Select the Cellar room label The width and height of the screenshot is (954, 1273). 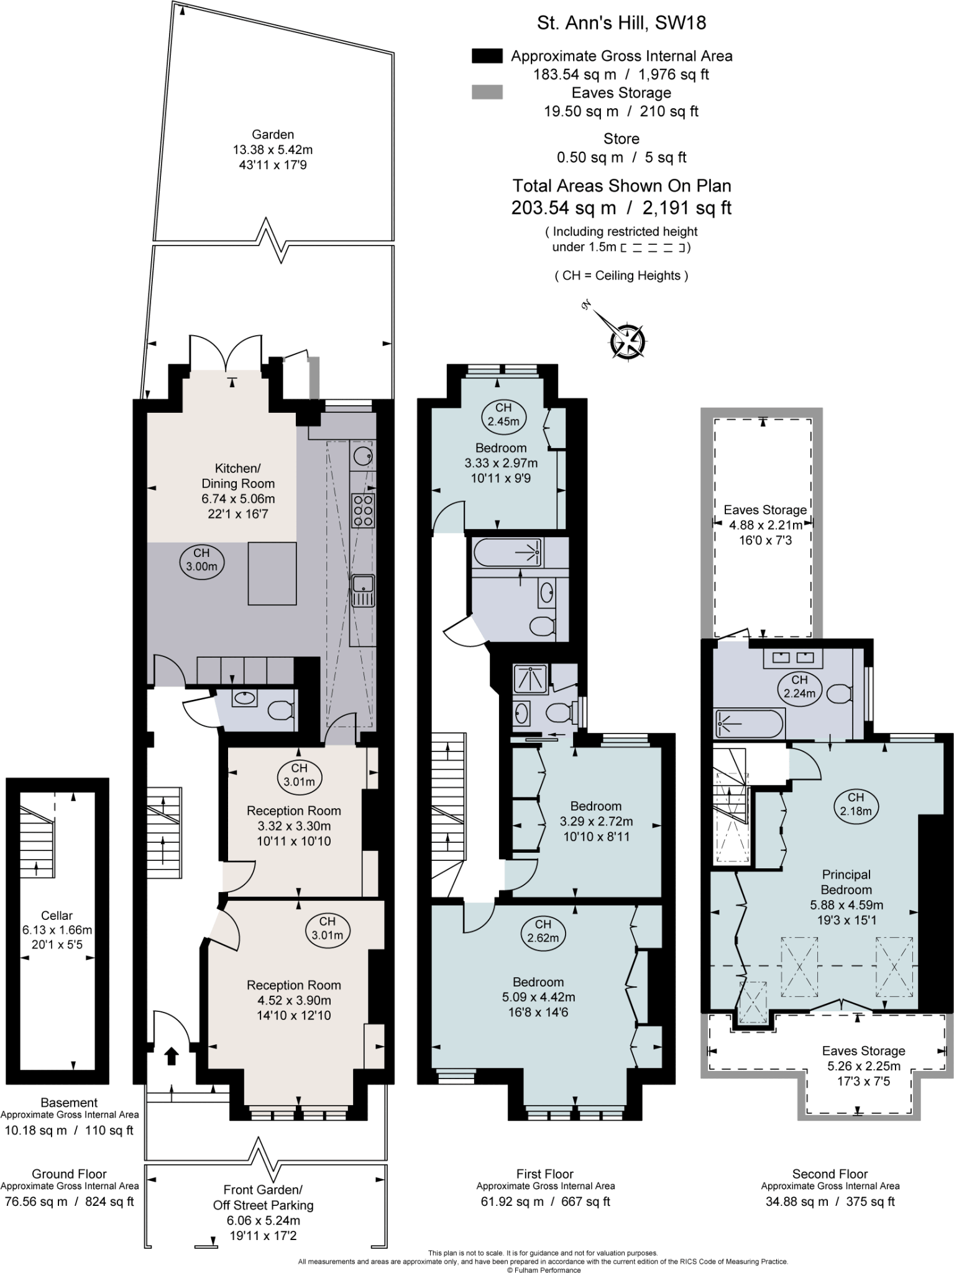coord(57,915)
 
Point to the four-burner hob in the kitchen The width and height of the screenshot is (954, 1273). coord(363,510)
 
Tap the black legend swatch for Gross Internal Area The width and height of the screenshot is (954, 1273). coord(487,56)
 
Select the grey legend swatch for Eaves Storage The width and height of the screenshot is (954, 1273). coord(487,93)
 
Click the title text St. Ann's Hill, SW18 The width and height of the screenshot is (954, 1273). coord(621,23)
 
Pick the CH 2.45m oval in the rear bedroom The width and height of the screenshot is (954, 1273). coord(503,415)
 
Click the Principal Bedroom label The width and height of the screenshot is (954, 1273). coord(846,882)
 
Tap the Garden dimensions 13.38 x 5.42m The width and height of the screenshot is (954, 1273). coord(273,150)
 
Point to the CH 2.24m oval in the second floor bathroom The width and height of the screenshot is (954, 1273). coord(799,686)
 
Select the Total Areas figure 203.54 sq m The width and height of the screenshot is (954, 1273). coord(564,208)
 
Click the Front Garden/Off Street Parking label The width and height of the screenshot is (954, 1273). coord(263,1197)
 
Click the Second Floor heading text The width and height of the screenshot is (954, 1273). coord(830,1174)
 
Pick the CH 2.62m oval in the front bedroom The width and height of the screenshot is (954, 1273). coord(543,931)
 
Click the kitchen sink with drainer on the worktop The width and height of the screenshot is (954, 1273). coord(362,590)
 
